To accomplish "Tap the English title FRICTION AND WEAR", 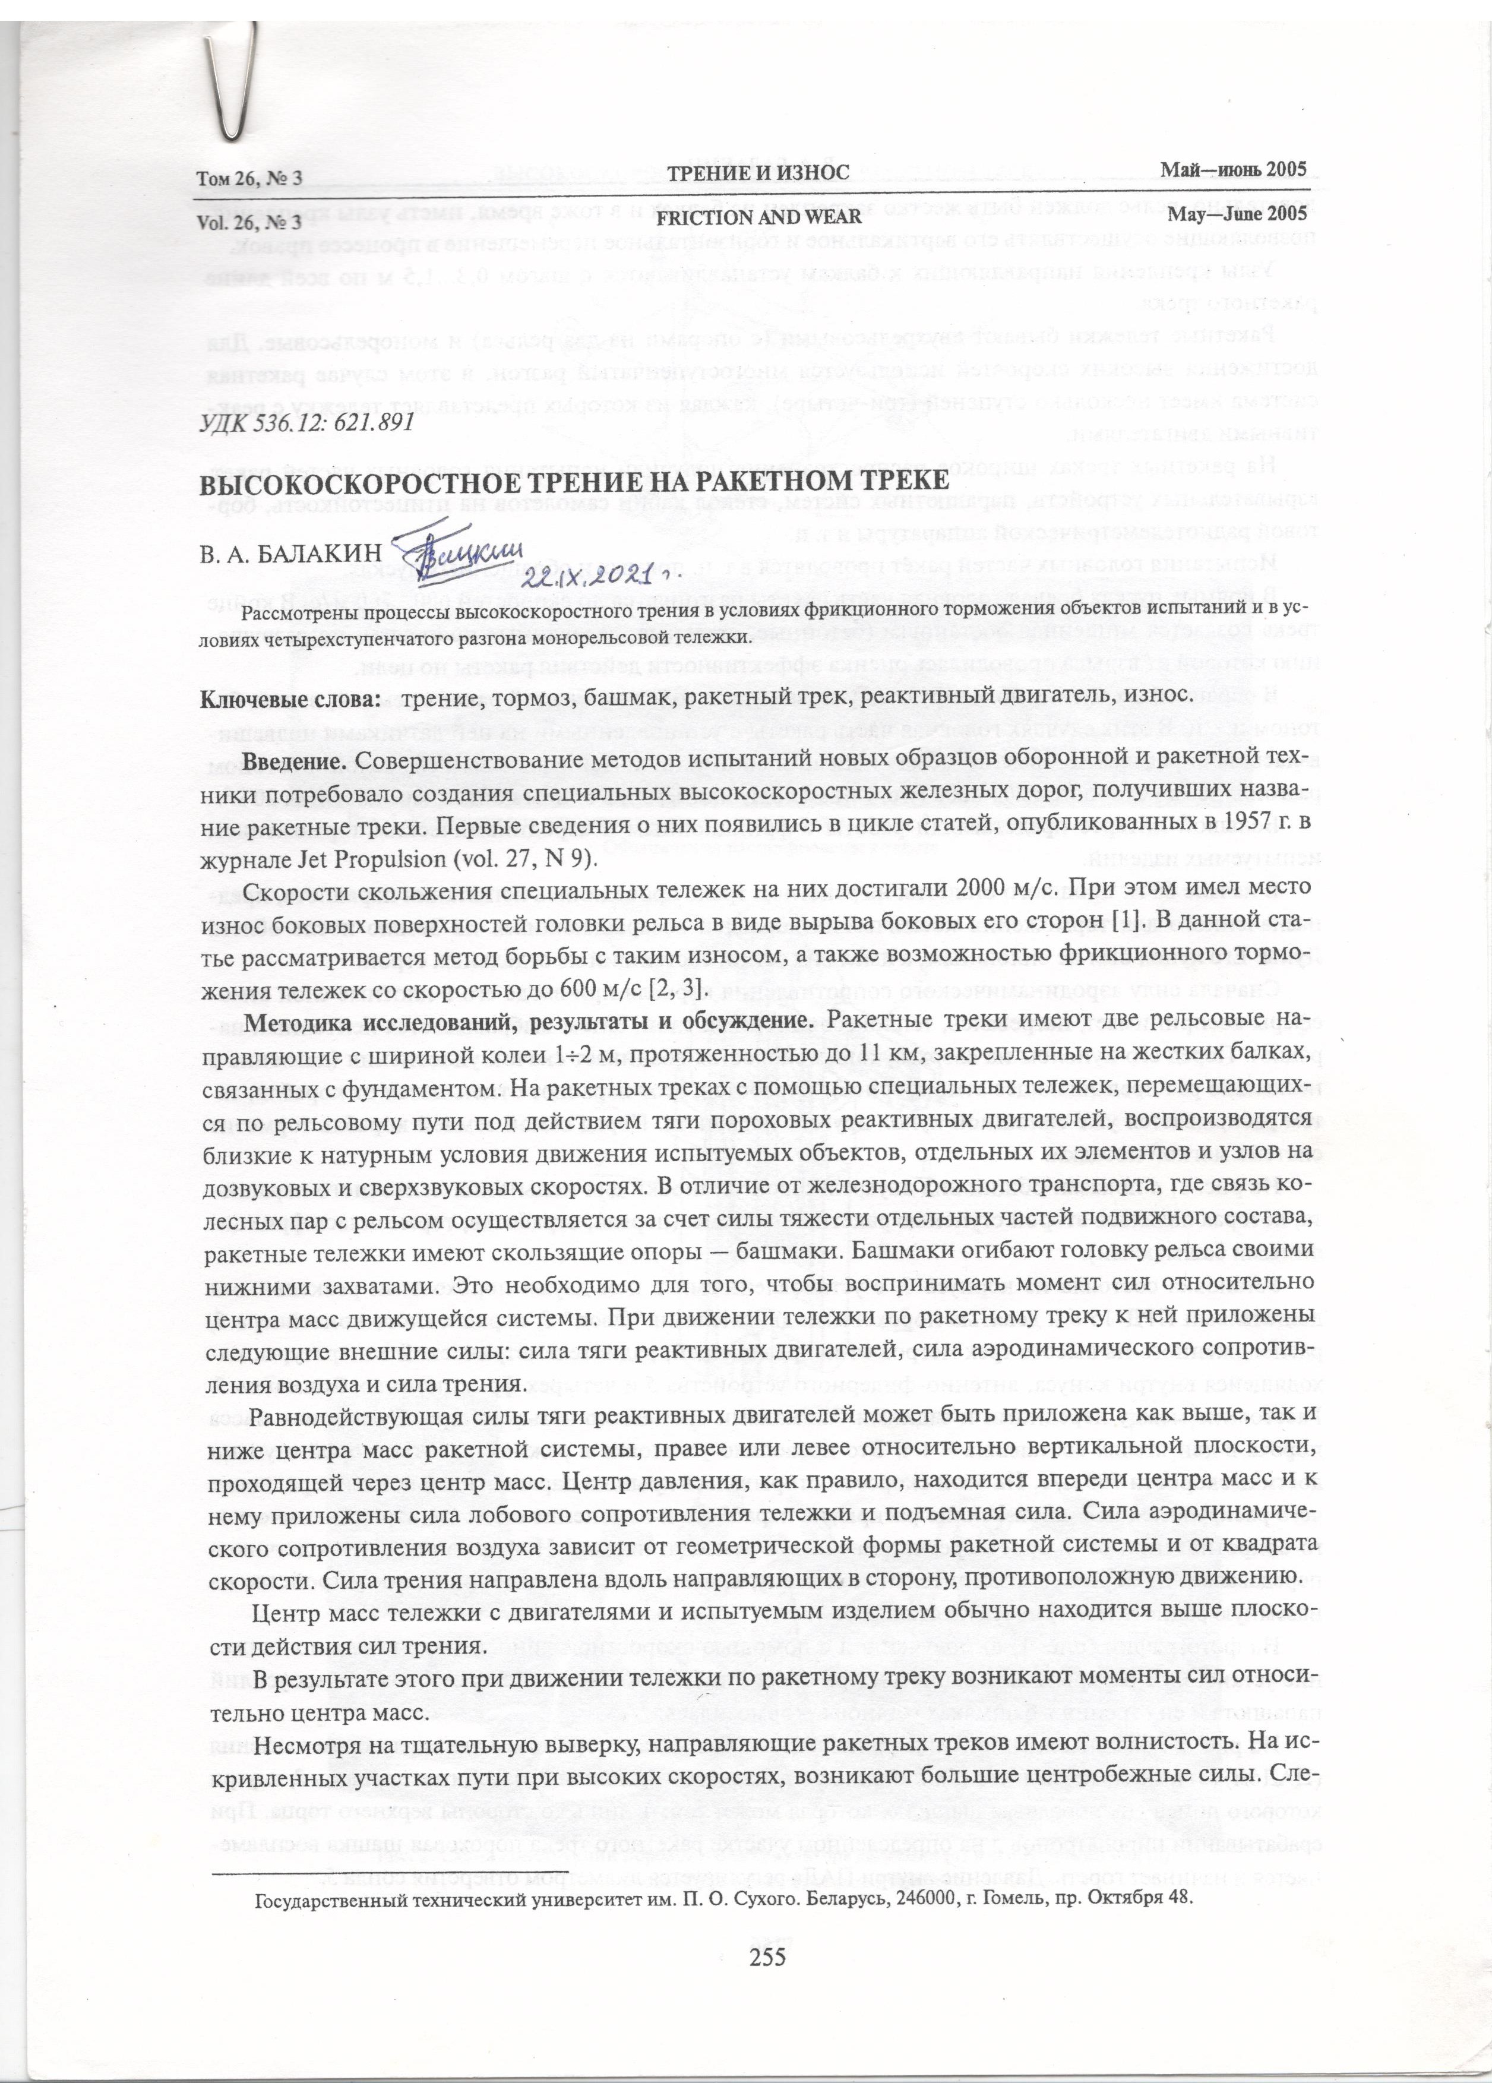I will [758, 217].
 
